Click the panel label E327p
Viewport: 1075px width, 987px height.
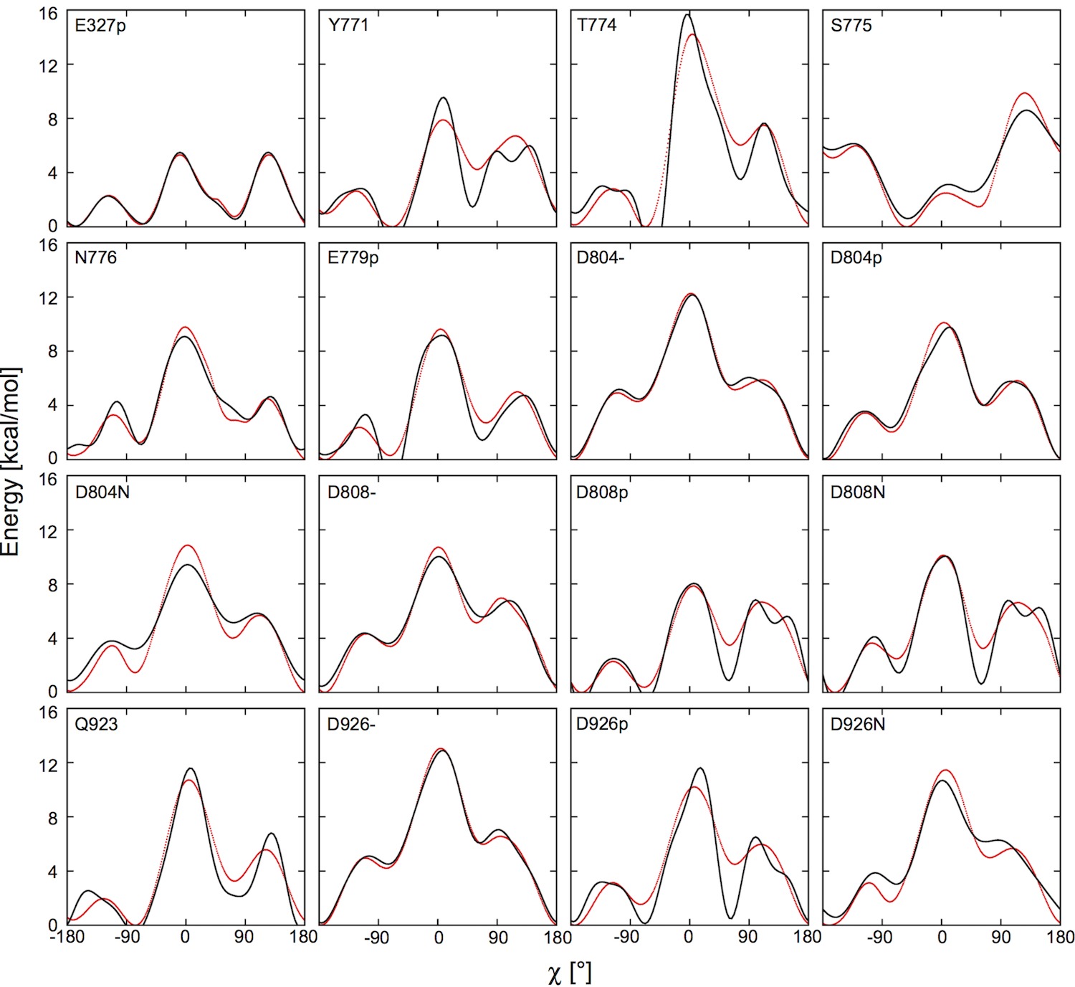pos(100,26)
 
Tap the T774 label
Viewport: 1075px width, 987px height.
pos(596,26)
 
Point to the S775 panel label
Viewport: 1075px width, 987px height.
pos(851,26)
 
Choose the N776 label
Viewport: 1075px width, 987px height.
pos(95,257)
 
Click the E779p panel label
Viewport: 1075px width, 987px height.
pos(353,257)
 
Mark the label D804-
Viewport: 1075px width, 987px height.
pos(600,257)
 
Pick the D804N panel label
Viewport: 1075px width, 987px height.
pos(102,492)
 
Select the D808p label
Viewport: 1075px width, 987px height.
pos(602,492)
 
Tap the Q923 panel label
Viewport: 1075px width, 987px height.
pos(96,724)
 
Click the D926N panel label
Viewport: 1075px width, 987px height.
pos(857,724)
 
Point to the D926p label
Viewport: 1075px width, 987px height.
pos(602,724)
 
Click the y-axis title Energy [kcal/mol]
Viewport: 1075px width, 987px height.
pos(11,462)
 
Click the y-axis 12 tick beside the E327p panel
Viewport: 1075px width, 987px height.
pos(48,65)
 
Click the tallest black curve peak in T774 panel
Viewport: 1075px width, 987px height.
pos(688,14)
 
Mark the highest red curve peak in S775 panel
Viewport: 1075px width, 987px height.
pos(1025,93)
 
